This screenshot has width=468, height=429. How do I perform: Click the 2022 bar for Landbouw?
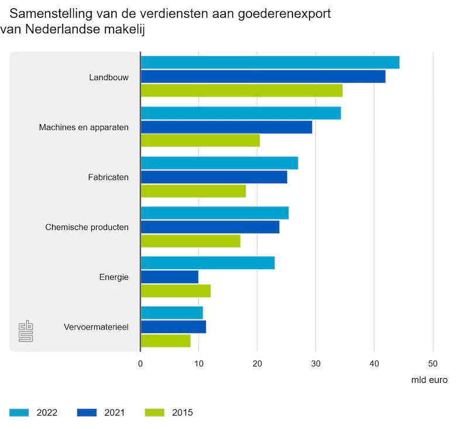[x=270, y=62]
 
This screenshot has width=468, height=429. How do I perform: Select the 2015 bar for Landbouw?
[x=242, y=91]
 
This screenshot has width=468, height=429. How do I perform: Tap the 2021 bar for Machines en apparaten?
[x=226, y=127]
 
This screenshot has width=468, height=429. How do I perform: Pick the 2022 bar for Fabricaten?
[x=219, y=163]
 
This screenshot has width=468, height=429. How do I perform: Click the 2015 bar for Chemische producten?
[x=191, y=241]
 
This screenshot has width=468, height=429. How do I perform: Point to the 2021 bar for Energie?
[x=170, y=277]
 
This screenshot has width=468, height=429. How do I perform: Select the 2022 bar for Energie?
[x=208, y=263]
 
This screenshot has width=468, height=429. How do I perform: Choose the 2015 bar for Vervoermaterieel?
[x=166, y=341]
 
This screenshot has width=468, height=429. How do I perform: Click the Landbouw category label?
[x=109, y=77]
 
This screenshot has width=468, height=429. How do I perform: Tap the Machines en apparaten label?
[x=84, y=127]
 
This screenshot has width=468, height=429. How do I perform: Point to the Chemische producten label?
[x=87, y=227]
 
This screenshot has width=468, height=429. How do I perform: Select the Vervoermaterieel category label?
[x=96, y=327]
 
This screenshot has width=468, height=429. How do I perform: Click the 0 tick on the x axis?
[x=140, y=363]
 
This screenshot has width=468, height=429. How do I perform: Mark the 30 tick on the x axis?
[x=316, y=363]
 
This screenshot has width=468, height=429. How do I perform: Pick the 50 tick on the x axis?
[x=433, y=363]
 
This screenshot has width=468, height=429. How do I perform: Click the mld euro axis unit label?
[x=429, y=380]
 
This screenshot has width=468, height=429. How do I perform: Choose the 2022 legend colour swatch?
[x=19, y=413]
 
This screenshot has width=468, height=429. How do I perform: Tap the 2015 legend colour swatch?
[x=153, y=413]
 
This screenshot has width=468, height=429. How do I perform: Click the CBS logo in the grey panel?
[x=25, y=331]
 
